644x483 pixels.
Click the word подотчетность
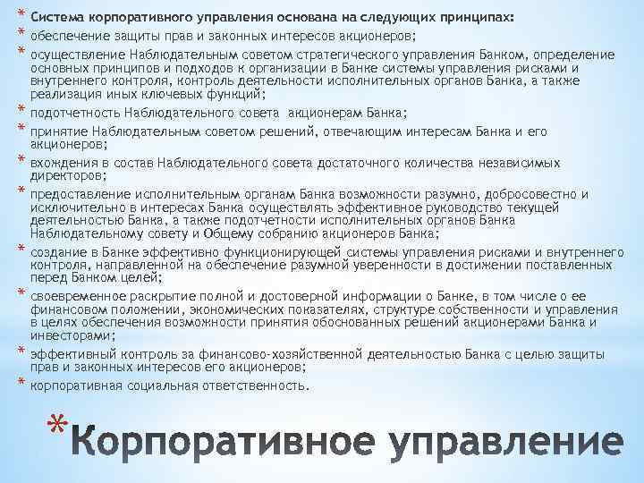75,111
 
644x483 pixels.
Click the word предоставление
75,194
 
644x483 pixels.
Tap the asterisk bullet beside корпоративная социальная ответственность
17,385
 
